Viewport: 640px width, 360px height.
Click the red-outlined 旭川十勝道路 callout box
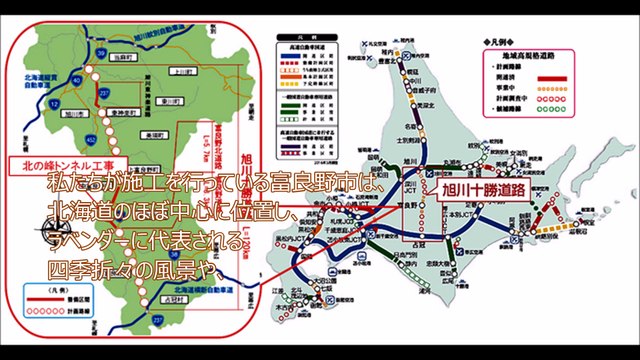(x=485, y=187)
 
